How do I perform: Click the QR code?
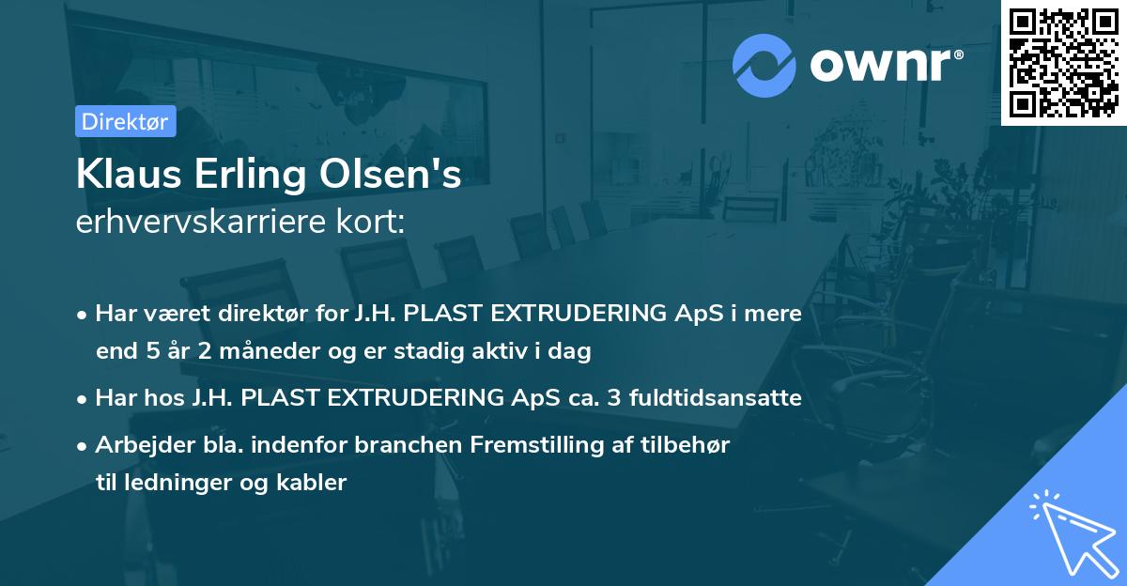click(1064, 62)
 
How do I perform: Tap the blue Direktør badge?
click(125, 121)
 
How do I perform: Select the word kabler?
click(316, 483)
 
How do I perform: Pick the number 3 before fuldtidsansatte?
click(613, 398)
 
